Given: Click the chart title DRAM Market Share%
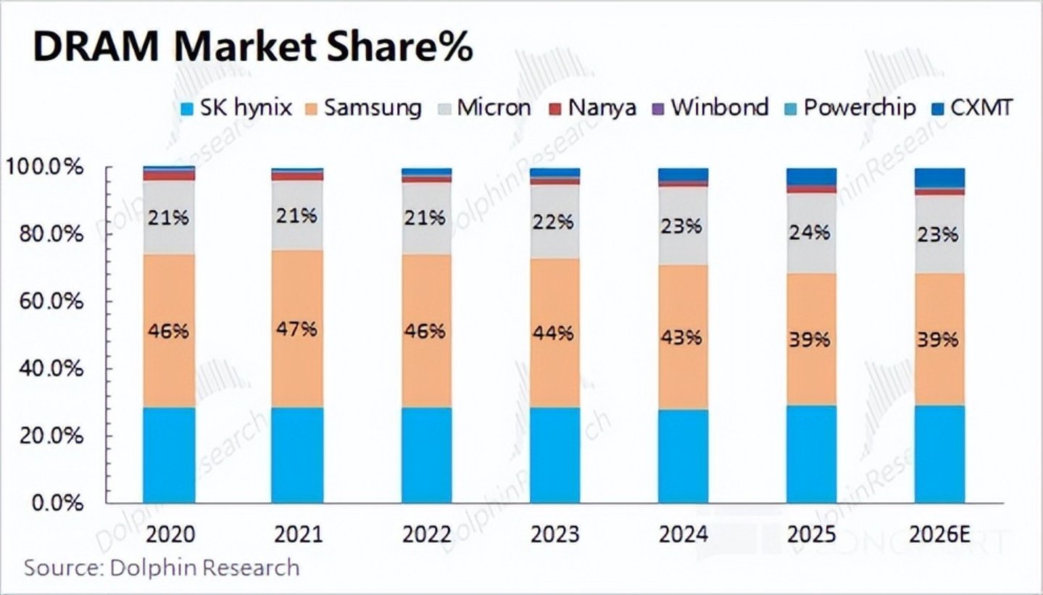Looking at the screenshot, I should pos(253,47).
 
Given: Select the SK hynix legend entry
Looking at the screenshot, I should pos(236,108).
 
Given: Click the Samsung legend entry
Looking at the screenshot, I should pos(362,108).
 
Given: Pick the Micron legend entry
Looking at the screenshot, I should pos(485,108).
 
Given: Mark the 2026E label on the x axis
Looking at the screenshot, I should pos(939,535).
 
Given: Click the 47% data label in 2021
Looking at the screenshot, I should pos(297,328).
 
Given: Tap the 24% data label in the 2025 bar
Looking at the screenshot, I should pos(810,232).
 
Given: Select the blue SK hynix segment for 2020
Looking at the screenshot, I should pos(169,455).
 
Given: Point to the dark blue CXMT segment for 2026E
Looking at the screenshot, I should pos(939,177).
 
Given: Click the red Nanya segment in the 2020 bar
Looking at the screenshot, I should pos(169,175).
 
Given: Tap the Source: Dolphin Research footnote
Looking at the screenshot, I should pos(162,567).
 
